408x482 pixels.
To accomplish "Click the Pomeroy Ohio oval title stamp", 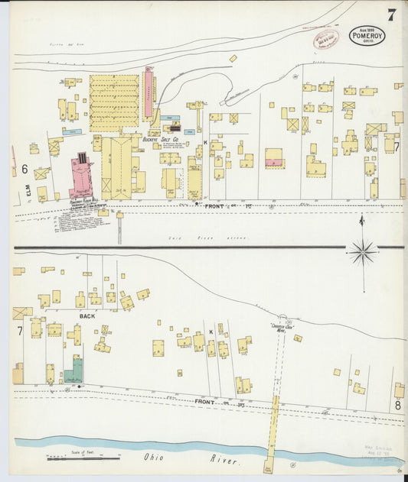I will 367,35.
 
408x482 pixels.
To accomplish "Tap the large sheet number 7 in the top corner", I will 391,15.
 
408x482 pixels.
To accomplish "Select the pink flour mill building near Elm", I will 83,177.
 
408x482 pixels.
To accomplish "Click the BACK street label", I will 86,315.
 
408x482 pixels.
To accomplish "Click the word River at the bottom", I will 224,461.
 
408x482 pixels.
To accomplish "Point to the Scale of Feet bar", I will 82,458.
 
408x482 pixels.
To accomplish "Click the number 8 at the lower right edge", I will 397,405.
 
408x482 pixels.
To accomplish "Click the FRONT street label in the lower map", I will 205,401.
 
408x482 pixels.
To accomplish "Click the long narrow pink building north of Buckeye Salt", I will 149,93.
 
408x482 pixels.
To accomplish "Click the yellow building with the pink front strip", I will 274,158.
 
